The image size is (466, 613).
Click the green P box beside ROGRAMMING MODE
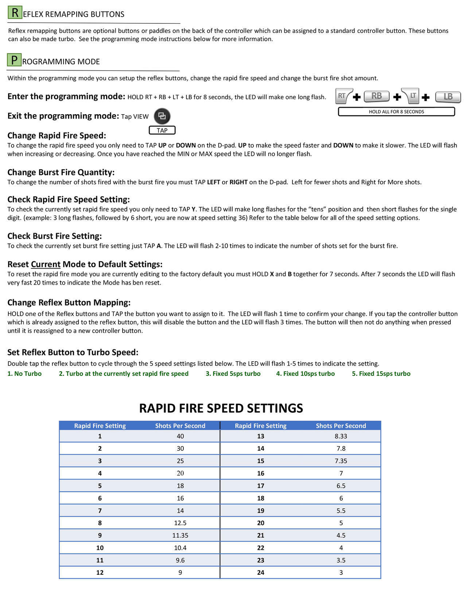(x=14, y=60)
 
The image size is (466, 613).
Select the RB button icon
(x=376, y=96)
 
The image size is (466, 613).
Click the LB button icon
(x=448, y=97)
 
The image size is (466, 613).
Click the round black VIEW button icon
(x=162, y=116)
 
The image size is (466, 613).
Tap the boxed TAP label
(x=162, y=131)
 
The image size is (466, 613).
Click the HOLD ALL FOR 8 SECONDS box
(x=396, y=111)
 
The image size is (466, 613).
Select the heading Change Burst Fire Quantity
(x=61, y=172)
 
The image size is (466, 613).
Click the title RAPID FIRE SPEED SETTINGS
(x=221, y=408)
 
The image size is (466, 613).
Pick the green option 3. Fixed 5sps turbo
(x=233, y=374)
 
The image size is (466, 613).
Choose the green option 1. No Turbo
(x=25, y=374)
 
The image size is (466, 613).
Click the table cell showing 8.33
(x=341, y=436)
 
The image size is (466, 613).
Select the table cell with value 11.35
(x=180, y=535)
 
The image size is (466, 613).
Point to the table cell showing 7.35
(x=341, y=461)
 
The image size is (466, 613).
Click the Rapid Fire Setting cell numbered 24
(x=261, y=572)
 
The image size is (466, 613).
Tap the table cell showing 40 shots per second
(x=180, y=436)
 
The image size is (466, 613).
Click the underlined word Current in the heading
(x=46, y=264)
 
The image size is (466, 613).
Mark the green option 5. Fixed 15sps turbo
(x=381, y=374)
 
